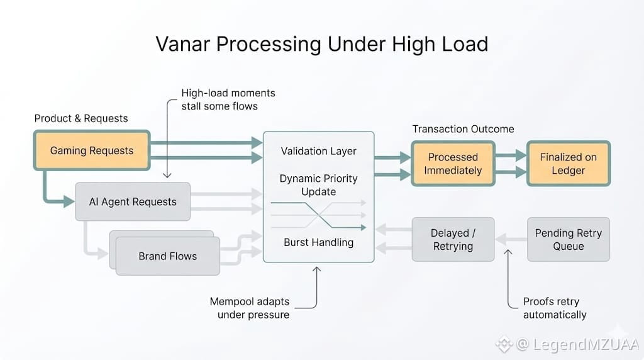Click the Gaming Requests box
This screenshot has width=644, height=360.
click(92, 150)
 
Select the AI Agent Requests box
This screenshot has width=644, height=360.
click(133, 202)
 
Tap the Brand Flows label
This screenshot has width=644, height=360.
click(167, 256)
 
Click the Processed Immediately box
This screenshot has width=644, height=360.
click(453, 164)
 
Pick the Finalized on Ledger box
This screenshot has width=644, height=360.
click(568, 164)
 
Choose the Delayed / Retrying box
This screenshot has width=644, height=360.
click(453, 239)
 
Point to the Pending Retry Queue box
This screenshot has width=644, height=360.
click(568, 239)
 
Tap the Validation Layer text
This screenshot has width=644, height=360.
click(318, 151)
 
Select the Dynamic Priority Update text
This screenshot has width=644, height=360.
click(318, 185)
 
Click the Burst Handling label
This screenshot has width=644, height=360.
click(318, 242)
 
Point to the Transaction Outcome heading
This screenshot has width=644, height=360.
click(463, 129)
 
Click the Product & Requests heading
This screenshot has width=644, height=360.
click(81, 118)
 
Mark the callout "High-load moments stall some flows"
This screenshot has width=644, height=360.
click(228, 99)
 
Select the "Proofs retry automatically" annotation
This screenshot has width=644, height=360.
click(555, 308)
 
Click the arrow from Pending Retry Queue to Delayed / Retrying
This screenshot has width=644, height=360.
click(511, 239)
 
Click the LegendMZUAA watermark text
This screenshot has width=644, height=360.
click(577, 344)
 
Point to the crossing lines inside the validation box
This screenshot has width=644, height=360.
click(318, 214)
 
